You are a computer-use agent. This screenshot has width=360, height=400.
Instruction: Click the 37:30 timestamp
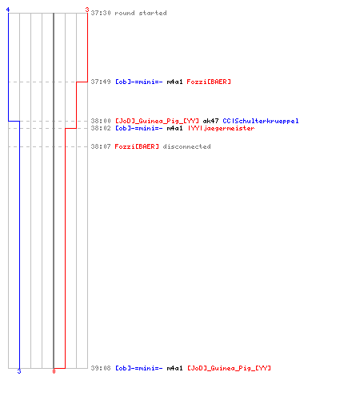point(101,13)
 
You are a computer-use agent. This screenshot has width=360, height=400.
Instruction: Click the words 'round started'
point(141,13)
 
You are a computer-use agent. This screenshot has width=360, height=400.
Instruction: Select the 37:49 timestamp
point(101,82)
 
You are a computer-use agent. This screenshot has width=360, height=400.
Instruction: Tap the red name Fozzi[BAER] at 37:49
point(209,82)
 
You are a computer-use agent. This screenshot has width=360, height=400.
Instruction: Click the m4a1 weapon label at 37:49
point(174,82)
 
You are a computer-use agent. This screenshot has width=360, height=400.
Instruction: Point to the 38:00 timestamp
point(101,121)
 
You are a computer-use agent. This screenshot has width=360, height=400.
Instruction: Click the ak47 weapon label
point(210,121)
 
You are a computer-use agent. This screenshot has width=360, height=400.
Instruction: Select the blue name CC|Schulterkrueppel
point(261,121)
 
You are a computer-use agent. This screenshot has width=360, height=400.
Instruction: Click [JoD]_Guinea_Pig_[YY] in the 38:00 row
point(157,121)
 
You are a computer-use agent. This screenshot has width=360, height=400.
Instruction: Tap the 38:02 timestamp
point(101,128)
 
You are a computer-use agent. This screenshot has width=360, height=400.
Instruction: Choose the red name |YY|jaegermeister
point(221,128)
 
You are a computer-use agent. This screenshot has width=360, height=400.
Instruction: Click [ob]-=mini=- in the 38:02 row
point(138,128)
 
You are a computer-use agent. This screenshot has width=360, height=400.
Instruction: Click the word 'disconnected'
point(186,146)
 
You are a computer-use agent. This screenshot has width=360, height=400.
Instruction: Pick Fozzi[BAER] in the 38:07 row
point(137,146)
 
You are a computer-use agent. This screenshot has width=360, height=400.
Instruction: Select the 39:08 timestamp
point(101,368)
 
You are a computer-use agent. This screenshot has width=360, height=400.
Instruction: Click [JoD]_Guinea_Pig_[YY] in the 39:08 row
point(229,368)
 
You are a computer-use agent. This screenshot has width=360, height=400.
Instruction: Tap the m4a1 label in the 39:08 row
point(174,368)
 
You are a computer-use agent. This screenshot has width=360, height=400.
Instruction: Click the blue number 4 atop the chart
point(8,10)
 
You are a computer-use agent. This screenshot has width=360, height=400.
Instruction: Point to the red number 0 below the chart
point(54,371)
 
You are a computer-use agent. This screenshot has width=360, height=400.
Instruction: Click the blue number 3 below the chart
point(19,371)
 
